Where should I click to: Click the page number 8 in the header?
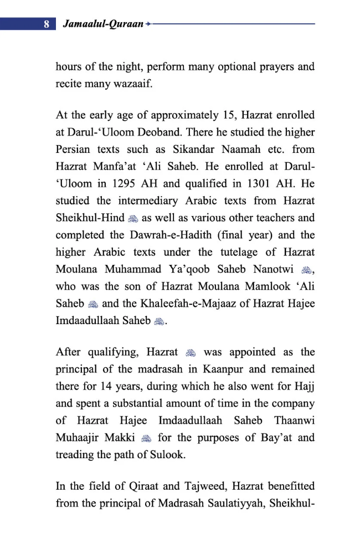[47, 24]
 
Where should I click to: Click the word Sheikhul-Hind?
[88, 218]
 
